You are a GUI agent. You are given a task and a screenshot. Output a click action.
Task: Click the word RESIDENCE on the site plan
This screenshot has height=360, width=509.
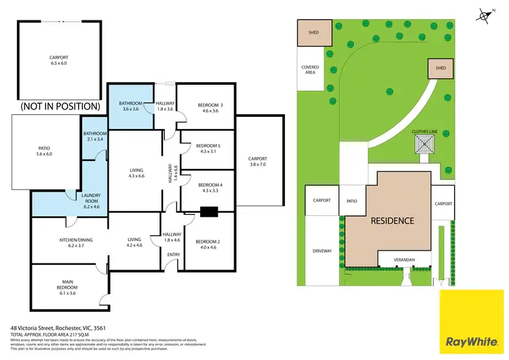pos(392,221)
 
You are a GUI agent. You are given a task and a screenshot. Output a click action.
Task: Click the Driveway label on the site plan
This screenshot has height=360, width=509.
pos(322,251)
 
